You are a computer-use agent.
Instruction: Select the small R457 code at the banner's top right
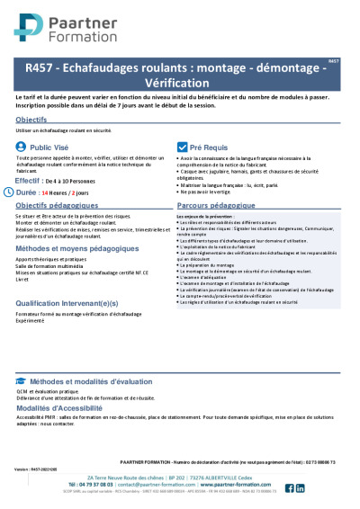(x=334, y=60)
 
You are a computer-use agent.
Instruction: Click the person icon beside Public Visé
(x=21, y=145)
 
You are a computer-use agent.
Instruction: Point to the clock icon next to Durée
(x=20, y=192)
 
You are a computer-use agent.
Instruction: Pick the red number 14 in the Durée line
(x=54, y=193)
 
